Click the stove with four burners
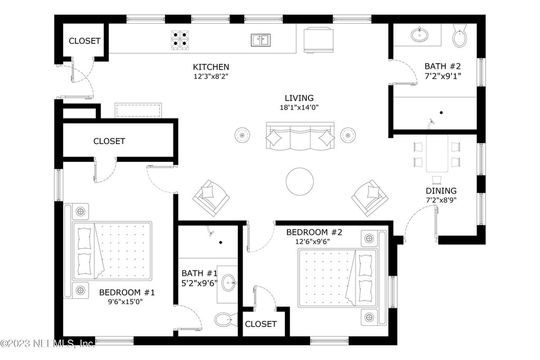pos(180,40)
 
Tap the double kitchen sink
pos(261,40)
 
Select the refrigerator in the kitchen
pos(319,40)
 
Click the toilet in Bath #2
pos(459,35)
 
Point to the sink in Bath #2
pos(419,35)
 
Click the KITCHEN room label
pos(211,67)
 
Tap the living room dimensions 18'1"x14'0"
pos(299,108)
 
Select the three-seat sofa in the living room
pos(300,136)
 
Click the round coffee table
pos(300,181)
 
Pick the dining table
pos(437,153)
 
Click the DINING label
pos(441,191)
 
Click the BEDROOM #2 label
pos(314,232)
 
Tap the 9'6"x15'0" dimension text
pos(126,302)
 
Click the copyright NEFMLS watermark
pos(47,343)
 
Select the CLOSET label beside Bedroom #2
pos(261,324)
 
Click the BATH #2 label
pos(442,66)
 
